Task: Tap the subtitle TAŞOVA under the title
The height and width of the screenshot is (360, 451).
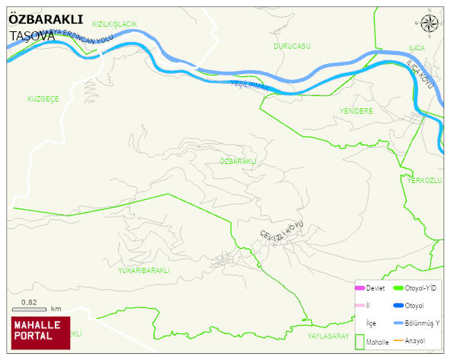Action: click(x=32, y=35)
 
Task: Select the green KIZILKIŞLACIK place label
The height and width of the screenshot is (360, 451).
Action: click(x=114, y=24)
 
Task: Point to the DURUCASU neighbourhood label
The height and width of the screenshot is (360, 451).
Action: click(x=292, y=47)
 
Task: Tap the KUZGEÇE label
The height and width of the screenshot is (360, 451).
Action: click(x=43, y=99)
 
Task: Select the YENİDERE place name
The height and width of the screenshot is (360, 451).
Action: click(x=356, y=111)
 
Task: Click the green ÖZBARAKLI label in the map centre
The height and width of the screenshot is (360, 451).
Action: click(x=237, y=162)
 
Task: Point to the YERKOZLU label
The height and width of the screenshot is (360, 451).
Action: click(x=425, y=180)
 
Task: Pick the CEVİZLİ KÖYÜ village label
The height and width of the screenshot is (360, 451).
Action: click(x=282, y=229)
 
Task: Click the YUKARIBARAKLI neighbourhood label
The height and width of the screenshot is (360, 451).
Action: click(x=143, y=270)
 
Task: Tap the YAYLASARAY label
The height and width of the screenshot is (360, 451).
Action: click(x=327, y=336)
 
